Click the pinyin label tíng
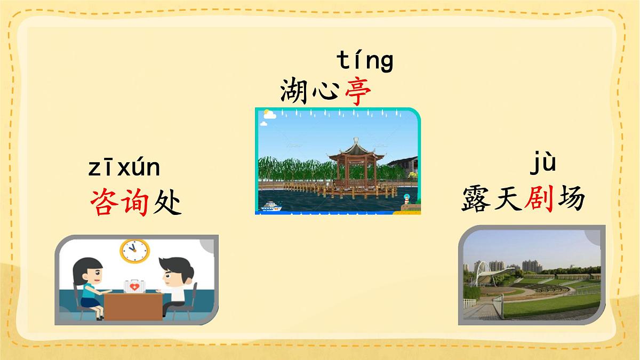(x=365, y=61)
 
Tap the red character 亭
(x=357, y=91)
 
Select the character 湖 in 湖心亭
(x=294, y=91)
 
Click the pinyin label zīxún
(x=124, y=168)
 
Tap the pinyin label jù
(x=543, y=163)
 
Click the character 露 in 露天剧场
(x=476, y=199)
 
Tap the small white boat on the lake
(x=271, y=206)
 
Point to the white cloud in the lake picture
(x=268, y=115)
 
